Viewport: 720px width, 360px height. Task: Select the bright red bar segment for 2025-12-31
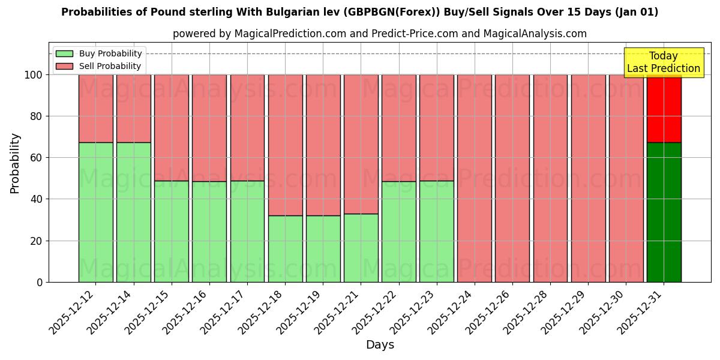[664, 109]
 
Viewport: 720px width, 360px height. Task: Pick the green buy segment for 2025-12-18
[285, 248]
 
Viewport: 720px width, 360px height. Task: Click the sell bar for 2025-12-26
[512, 178]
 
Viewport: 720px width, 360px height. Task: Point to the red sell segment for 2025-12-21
[361, 144]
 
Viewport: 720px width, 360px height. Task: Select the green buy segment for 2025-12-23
[437, 231]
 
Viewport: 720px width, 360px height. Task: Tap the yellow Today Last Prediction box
[663, 62]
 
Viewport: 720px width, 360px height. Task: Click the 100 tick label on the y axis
[33, 75]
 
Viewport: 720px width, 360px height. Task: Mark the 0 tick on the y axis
[40, 282]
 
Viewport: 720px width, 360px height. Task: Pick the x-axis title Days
[380, 345]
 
